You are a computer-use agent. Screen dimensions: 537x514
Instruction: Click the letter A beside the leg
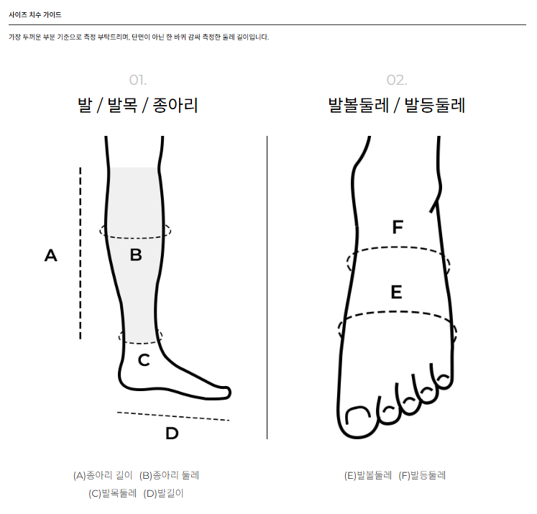click(51, 255)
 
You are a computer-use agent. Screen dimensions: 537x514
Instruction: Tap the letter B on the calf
click(136, 254)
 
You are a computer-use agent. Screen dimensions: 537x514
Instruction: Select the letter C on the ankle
click(144, 360)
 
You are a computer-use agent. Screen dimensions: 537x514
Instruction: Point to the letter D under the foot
click(172, 433)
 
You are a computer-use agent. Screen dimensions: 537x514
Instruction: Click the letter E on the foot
click(397, 292)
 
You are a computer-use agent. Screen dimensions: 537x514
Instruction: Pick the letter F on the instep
click(398, 227)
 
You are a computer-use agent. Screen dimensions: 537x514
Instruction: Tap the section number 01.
click(138, 80)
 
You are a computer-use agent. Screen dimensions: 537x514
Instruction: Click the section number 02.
click(397, 80)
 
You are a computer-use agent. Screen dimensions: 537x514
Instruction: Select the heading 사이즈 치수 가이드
click(35, 14)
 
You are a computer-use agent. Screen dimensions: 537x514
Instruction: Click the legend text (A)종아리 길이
click(103, 475)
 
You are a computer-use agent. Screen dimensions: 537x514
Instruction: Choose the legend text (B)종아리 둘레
click(169, 475)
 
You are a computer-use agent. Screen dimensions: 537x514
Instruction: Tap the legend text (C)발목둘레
click(112, 493)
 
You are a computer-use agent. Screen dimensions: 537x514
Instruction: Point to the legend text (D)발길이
click(163, 493)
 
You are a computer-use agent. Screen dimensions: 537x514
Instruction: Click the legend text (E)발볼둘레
click(368, 475)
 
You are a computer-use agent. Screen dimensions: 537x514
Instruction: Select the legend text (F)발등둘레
click(422, 475)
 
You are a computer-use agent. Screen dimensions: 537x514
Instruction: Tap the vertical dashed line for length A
click(81, 253)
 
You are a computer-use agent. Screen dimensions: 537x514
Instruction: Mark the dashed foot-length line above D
click(173, 416)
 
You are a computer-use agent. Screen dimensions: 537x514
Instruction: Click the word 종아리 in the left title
click(175, 105)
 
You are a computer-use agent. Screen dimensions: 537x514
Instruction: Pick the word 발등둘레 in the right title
click(435, 105)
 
